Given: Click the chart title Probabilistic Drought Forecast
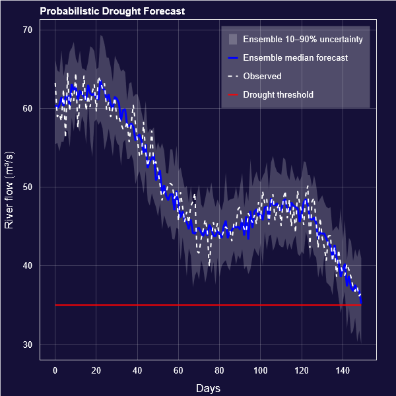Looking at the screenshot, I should pos(112,11).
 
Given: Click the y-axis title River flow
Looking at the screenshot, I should pos(9,189).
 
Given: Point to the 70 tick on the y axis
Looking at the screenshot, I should pos(28,30).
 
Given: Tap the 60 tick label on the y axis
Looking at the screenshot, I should pos(28,108).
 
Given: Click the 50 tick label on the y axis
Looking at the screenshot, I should pos(28,187).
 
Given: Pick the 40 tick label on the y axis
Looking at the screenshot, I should pos(28,266).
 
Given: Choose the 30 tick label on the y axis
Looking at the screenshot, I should pos(28,345).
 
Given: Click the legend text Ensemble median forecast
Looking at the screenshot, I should pos(295,58).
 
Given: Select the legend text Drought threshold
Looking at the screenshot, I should pos(278,95).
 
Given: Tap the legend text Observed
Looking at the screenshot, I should pos(262,77).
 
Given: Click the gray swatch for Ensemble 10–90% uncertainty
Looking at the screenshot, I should pos(232,40).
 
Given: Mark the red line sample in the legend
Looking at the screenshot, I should pos(232,95).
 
